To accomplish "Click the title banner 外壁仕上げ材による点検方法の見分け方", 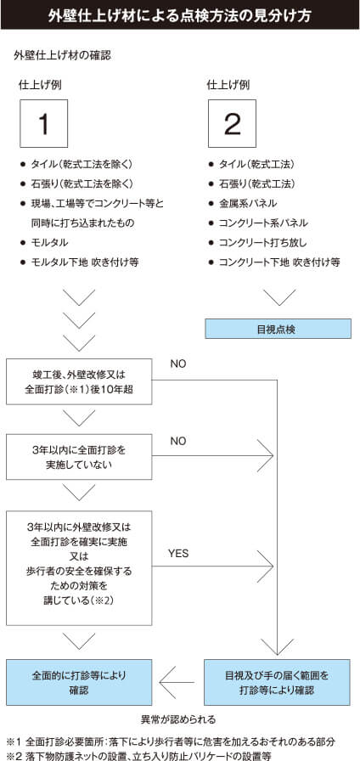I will pyautogui.click(x=180, y=15).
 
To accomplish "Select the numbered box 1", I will pyautogui.click(x=43, y=123).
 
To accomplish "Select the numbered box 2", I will pyautogui.click(x=232, y=123).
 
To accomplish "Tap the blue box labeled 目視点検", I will pyautogui.click(x=277, y=329).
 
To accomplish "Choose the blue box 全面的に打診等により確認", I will pyautogui.click(x=79, y=682).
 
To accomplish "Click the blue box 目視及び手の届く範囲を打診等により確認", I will pyautogui.click(x=277, y=682).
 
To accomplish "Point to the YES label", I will pyautogui.click(x=178, y=553).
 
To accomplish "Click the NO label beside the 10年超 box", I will pyautogui.click(x=178, y=364).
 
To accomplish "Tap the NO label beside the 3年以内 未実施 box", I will pyautogui.click(x=178, y=441).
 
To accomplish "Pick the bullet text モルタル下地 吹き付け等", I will pyautogui.click(x=84, y=262).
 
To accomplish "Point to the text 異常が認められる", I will pyautogui.click(x=180, y=718).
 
